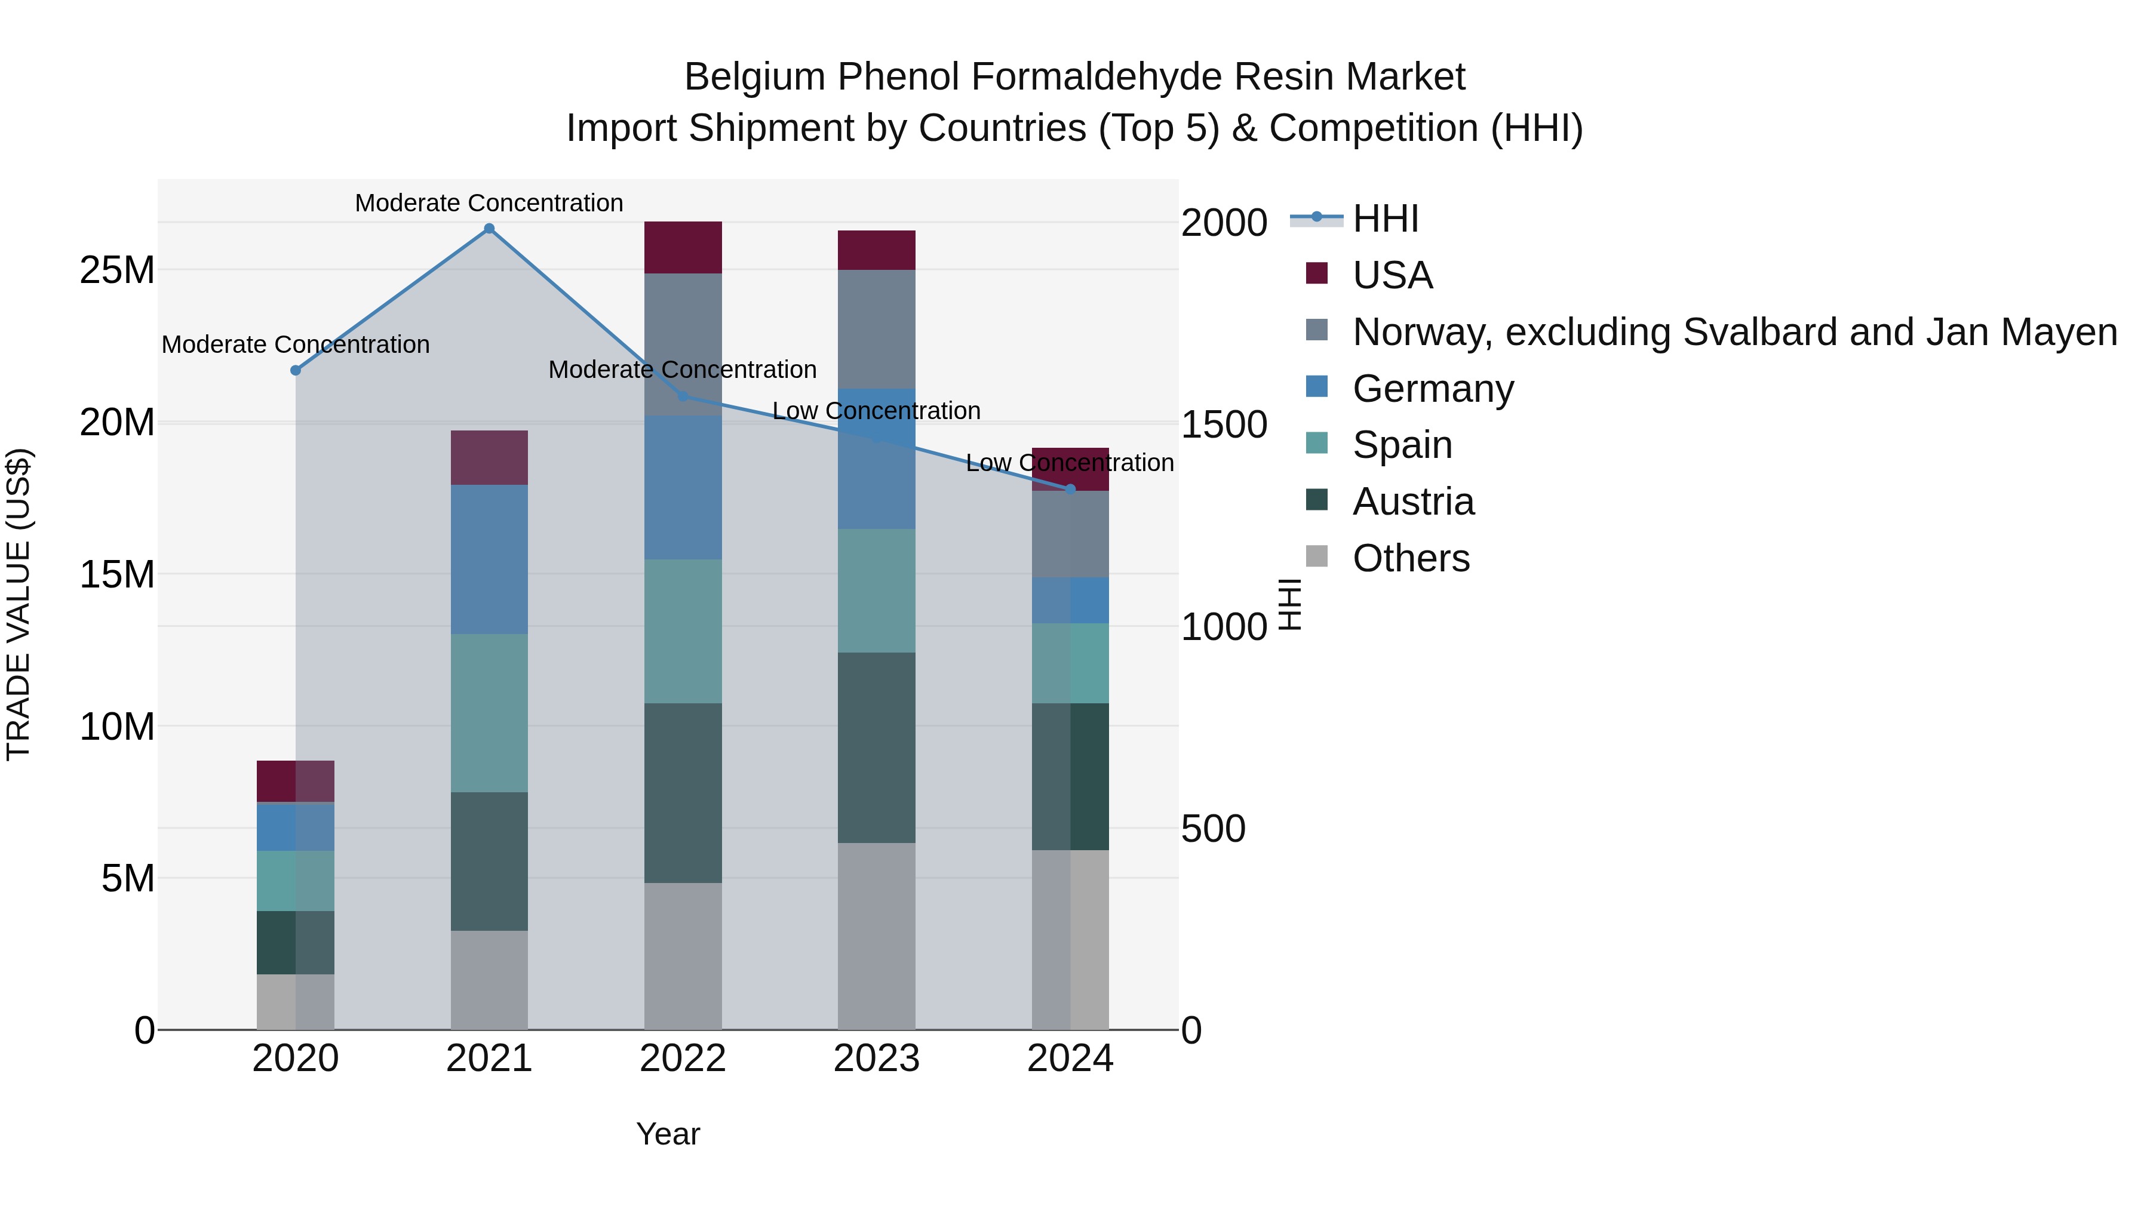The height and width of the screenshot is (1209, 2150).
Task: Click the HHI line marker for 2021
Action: pyautogui.click(x=489, y=229)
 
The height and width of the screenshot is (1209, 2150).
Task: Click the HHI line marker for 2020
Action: pyautogui.click(x=296, y=370)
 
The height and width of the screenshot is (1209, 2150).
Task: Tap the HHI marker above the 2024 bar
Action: pyautogui.click(x=1071, y=489)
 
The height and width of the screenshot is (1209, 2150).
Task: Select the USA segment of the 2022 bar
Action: pyautogui.click(x=683, y=247)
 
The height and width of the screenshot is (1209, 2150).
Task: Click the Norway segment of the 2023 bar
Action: pyautogui.click(x=876, y=329)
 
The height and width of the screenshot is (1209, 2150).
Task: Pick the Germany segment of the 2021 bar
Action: pyautogui.click(x=489, y=559)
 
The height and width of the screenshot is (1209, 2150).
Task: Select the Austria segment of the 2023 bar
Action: pyautogui.click(x=876, y=747)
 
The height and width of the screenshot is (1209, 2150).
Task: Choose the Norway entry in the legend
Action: pyautogui.click(x=1734, y=332)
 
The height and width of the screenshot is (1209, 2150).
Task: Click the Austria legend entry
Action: pyautogui.click(x=1413, y=502)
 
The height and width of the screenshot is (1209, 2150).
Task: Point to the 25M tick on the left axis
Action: pyautogui.click(x=117, y=270)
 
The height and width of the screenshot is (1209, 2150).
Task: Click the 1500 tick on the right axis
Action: pyautogui.click(x=1224, y=424)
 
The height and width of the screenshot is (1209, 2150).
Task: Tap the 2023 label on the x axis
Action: pyautogui.click(x=876, y=1059)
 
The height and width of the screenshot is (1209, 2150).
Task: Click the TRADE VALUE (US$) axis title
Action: pyautogui.click(x=19, y=604)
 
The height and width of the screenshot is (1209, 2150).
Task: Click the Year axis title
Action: pyautogui.click(x=668, y=1134)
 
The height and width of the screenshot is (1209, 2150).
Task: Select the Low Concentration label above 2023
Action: pyautogui.click(x=876, y=411)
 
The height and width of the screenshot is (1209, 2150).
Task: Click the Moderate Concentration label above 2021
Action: pyautogui.click(x=489, y=203)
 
